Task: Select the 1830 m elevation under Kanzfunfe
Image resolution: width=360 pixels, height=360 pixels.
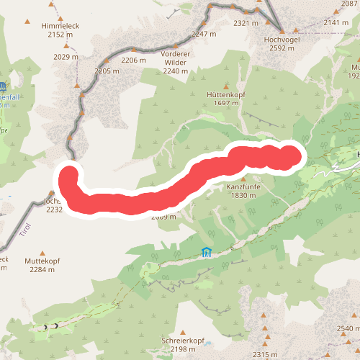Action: pos(243,196)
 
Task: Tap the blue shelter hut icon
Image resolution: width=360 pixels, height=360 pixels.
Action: pos(207,252)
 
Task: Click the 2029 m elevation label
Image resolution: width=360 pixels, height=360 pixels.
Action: pos(66,57)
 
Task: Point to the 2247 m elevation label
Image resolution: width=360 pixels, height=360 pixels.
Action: pos(204,34)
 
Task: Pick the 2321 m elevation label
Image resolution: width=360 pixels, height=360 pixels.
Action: pos(246,23)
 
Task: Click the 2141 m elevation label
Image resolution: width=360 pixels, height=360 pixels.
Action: pos(336,23)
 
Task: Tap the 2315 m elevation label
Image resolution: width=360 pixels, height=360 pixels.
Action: pos(265,354)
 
